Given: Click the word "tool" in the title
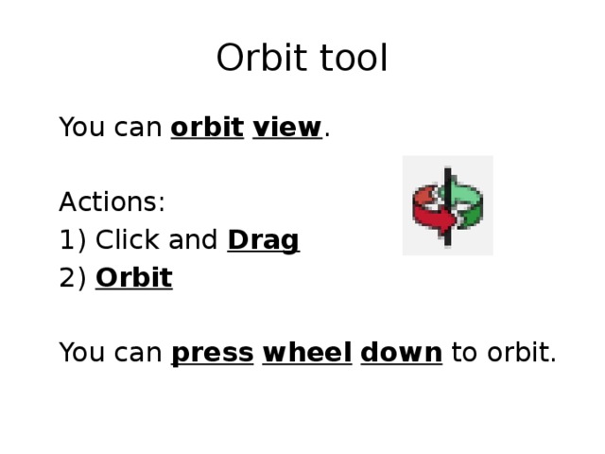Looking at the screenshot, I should (x=349, y=59).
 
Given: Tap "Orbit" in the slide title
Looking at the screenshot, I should (x=259, y=59).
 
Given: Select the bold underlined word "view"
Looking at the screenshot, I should (x=287, y=127).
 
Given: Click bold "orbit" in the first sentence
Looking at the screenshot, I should (x=207, y=127).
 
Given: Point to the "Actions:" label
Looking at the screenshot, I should (x=112, y=202).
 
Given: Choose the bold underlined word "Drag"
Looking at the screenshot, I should (x=263, y=240).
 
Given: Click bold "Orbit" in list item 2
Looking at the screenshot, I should (x=133, y=278).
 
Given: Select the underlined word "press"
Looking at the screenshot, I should (x=212, y=354).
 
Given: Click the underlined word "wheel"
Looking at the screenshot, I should (x=306, y=353).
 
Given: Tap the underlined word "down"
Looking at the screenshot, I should (x=401, y=353).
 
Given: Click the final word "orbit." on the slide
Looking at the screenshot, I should (x=518, y=353).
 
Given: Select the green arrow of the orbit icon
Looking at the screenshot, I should (x=467, y=197).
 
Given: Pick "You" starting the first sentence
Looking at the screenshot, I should (x=77, y=127).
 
